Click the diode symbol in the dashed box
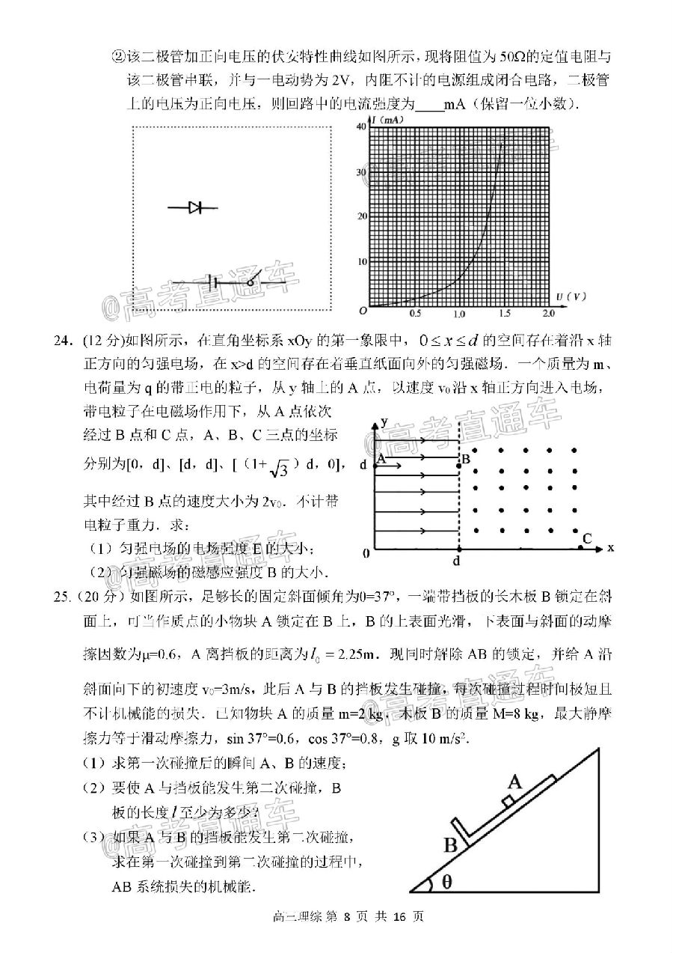195,208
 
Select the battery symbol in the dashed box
215,282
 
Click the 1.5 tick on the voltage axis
505,314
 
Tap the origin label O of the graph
363,311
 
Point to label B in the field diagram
465,459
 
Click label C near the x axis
587,538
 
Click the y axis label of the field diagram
384,421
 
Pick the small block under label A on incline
508,802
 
